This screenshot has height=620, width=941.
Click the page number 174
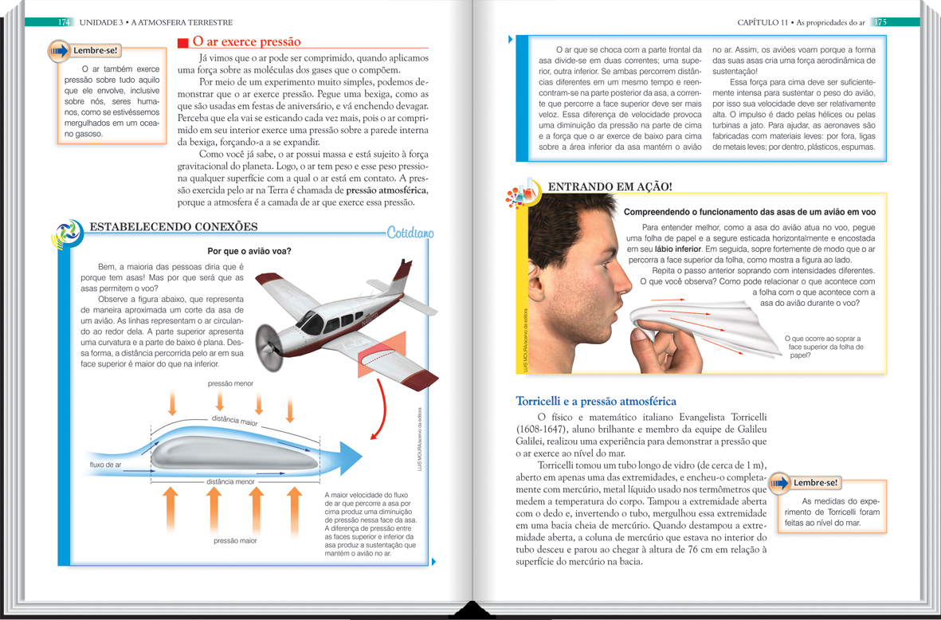[65, 22]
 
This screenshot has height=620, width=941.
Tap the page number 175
[880, 22]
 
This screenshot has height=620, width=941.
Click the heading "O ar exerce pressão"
[246, 42]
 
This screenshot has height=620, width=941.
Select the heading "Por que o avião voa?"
[249, 251]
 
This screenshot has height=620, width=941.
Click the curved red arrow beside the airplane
[381, 409]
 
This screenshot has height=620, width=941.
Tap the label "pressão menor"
[230, 383]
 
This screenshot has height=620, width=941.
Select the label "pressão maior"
[235, 541]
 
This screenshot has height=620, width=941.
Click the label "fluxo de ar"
[105, 465]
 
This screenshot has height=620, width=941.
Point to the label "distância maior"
[234, 420]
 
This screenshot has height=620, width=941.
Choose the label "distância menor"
[230, 481]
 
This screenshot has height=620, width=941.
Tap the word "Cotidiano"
[410, 233]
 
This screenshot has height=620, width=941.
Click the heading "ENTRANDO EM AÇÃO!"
[610, 186]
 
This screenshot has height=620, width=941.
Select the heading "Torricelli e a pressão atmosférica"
[596, 402]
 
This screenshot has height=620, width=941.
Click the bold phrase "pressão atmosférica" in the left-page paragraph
[387, 191]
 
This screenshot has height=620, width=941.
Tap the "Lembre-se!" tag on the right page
[814, 483]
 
